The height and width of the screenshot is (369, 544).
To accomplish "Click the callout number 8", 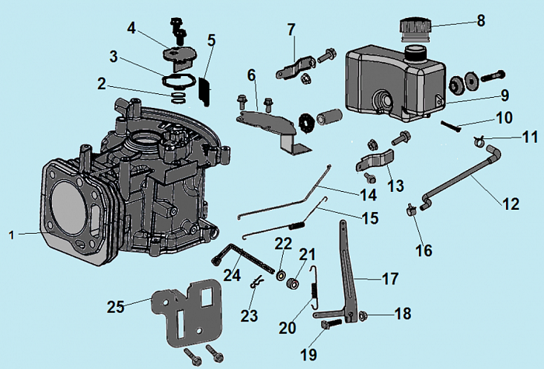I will pos(481,21).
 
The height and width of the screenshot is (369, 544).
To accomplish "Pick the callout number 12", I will pos(510,204).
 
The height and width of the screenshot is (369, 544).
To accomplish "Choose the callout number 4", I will pos(131,28).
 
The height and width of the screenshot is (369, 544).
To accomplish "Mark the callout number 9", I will pos(504,96).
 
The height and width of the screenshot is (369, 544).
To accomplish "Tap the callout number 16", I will pos(423,250).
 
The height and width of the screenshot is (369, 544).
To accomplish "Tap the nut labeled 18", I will pos(363,315).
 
